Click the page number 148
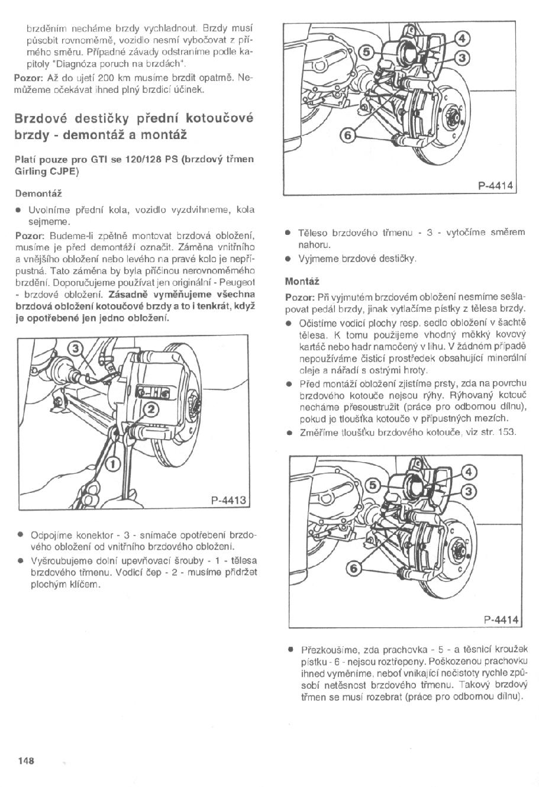point(26,760)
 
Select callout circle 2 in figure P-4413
point(151,408)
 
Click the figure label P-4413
point(228,501)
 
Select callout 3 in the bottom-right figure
point(469,491)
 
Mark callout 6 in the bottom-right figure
point(353,568)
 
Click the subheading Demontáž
point(38,193)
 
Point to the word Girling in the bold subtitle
point(30,172)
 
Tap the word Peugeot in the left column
point(236,282)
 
